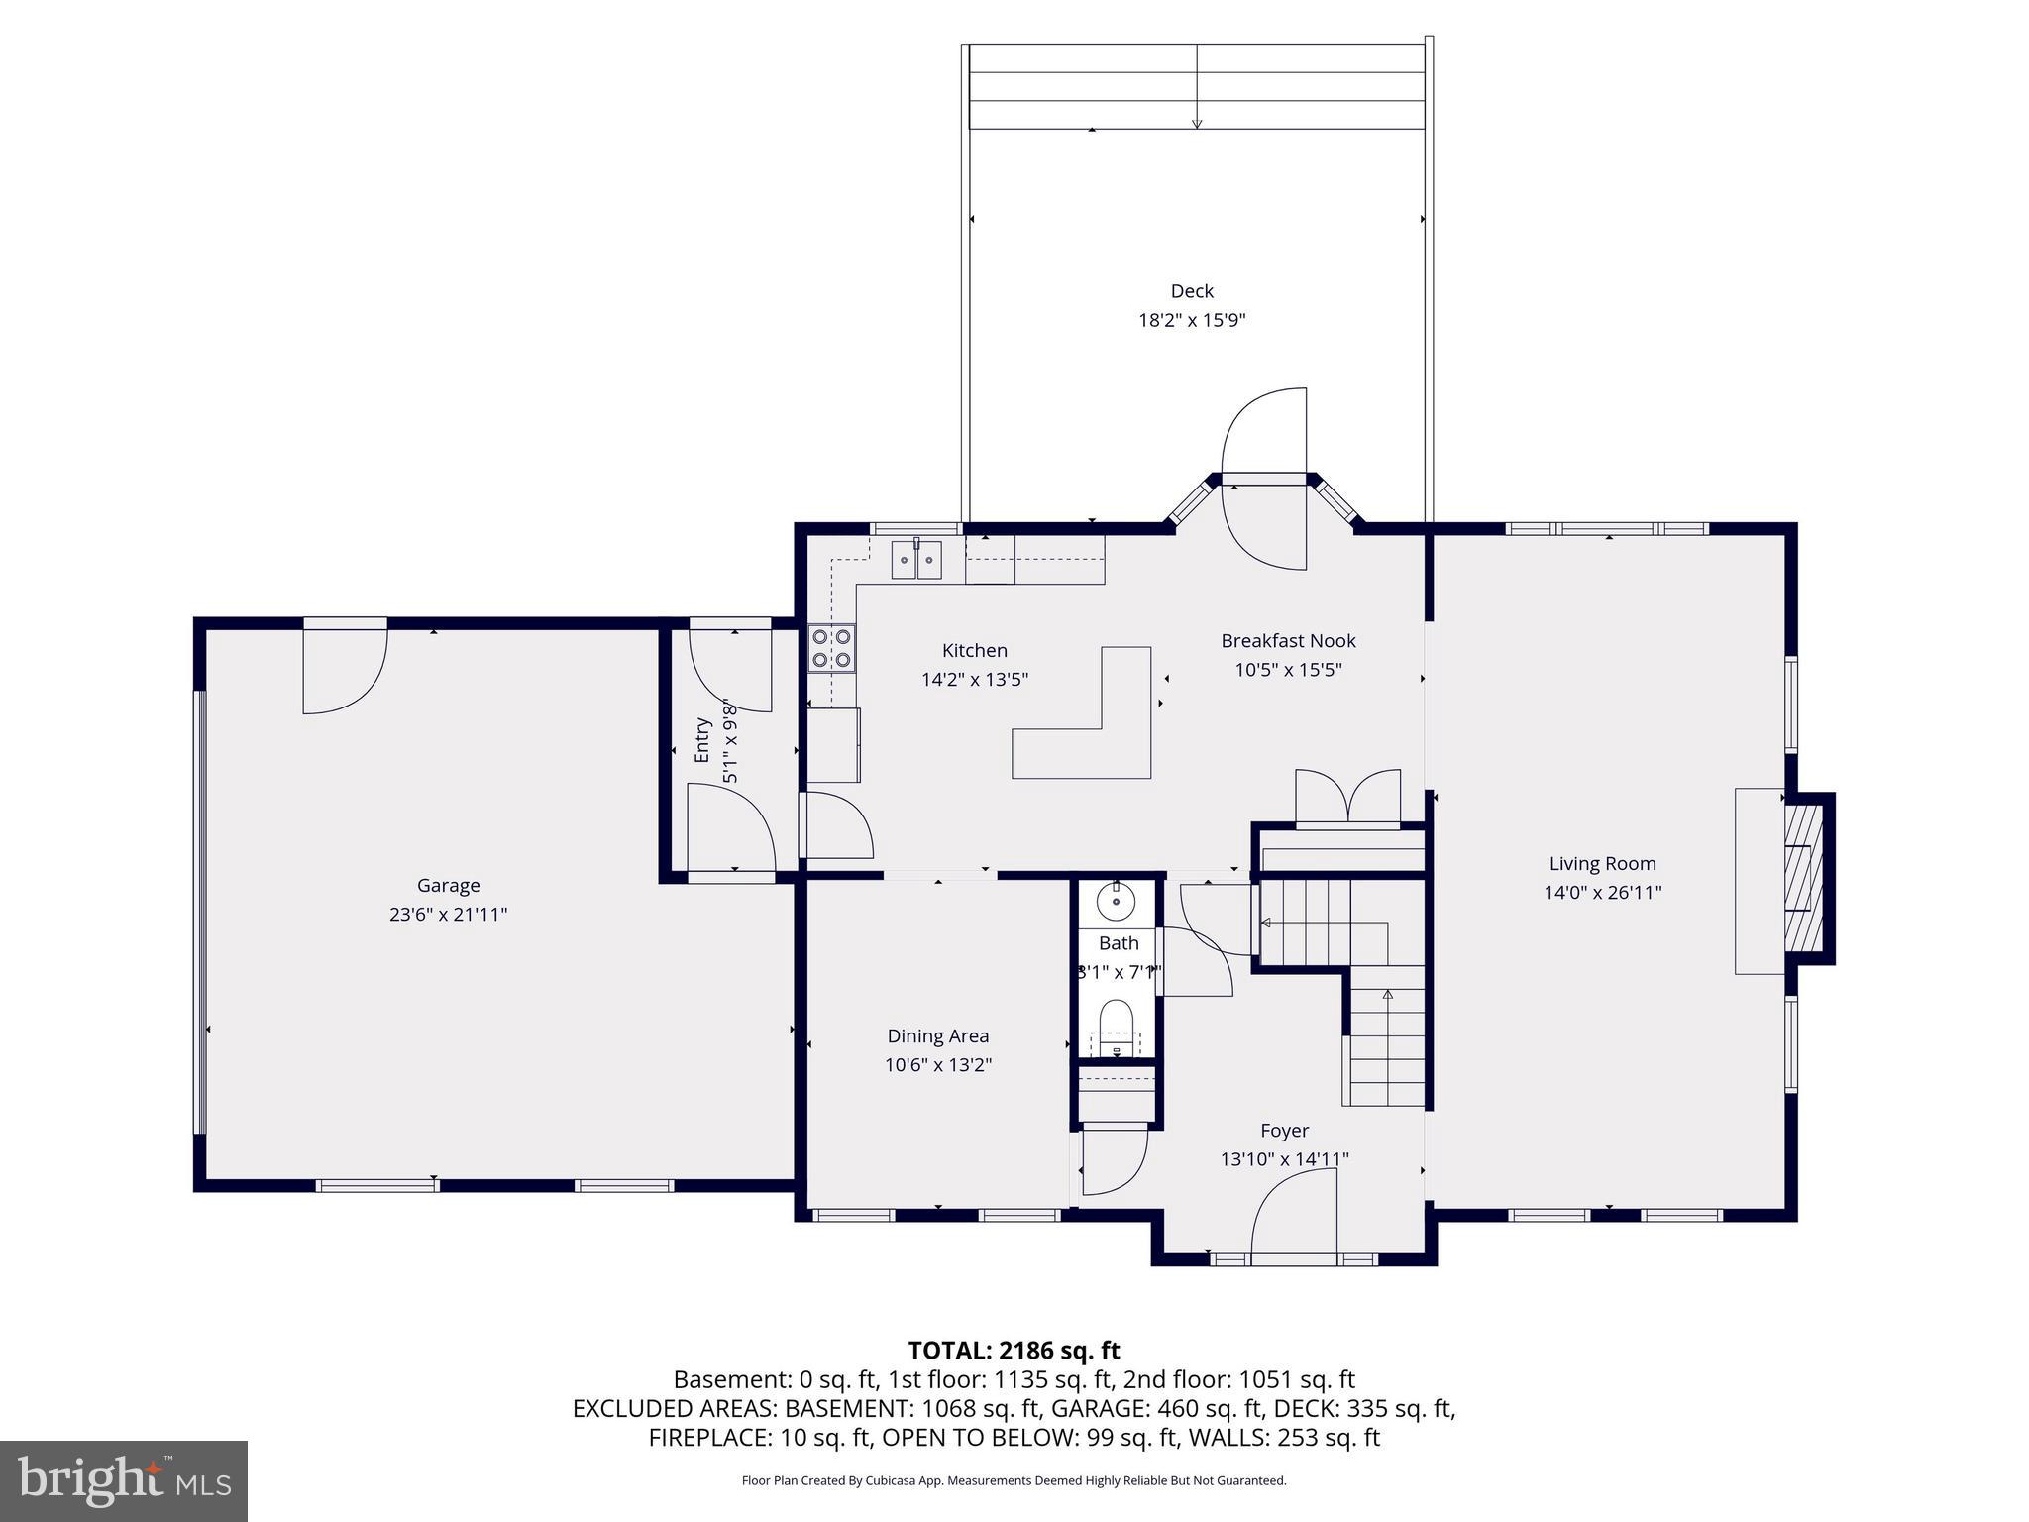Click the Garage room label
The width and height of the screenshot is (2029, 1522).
[x=448, y=885]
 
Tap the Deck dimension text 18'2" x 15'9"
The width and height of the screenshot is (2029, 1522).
[x=1191, y=320]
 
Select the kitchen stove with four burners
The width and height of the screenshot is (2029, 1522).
[x=831, y=648]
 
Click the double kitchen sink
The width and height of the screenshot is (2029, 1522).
[x=916, y=561]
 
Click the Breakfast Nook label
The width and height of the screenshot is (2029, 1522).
[x=1288, y=641]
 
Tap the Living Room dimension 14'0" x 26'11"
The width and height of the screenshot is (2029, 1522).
[x=1602, y=892]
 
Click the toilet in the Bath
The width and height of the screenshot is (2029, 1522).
[x=1117, y=1027]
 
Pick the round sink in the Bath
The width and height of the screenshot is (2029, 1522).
[x=1117, y=901]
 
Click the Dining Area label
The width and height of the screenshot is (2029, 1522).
[x=937, y=1035]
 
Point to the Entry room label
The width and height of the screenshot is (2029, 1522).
[x=702, y=739]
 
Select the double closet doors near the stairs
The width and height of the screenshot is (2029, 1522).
[x=1347, y=799]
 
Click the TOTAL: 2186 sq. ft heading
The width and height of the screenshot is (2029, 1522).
[x=1014, y=1350]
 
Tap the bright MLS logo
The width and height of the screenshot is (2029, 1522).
[x=124, y=1480]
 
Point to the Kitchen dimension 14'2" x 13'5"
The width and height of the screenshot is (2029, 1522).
[x=974, y=680]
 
